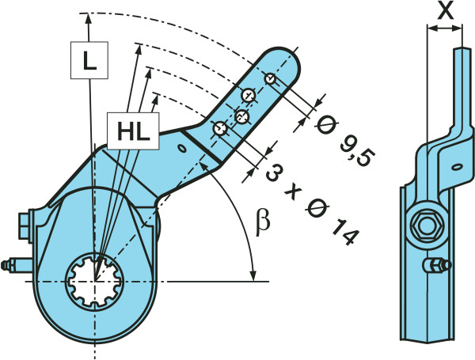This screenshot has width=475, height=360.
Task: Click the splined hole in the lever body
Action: (x=96, y=279)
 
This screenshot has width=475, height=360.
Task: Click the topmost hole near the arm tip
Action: (x=271, y=78)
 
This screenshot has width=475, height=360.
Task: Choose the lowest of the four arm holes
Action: (x=221, y=127)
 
